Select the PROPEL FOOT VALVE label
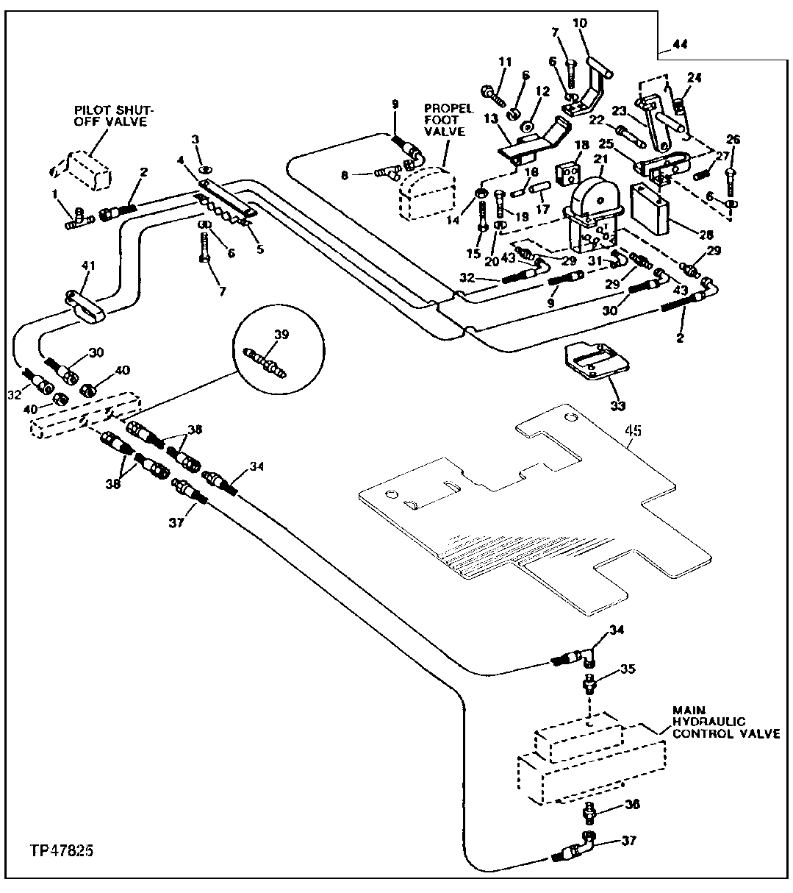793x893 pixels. click(x=444, y=120)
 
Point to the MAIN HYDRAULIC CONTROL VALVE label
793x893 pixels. click(x=725, y=722)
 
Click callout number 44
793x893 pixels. click(x=679, y=45)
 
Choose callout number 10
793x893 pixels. click(x=580, y=24)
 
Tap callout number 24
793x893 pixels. click(x=695, y=77)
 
